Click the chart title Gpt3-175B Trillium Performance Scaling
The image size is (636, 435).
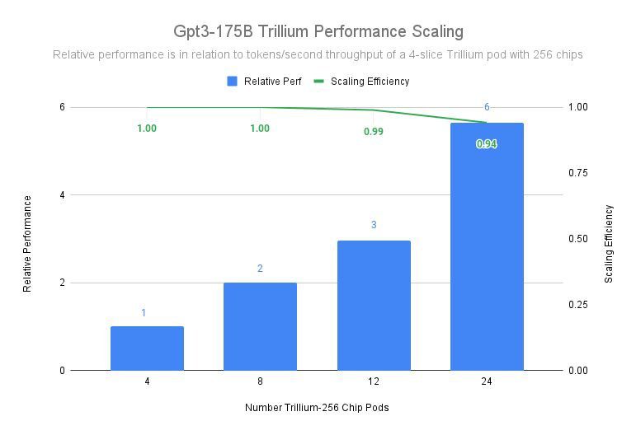(318, 32)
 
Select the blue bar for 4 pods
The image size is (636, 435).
(147, 348)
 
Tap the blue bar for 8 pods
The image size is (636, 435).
(260, 326)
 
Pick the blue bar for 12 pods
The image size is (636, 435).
(374, 306)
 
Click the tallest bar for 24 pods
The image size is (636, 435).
(487, 247)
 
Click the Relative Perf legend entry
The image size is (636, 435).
(264, 82)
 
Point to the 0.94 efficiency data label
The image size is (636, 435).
(487, 144)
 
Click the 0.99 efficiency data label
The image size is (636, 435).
(374, 132)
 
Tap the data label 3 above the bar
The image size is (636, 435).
(374, 225)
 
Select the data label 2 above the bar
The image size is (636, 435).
(260, 269)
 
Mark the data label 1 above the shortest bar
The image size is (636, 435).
(144, 313)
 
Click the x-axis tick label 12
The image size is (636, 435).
(374, 382)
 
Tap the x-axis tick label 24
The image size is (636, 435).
(487, 382)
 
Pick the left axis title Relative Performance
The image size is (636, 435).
(27, 243)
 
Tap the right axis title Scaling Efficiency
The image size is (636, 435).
(609, 244)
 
